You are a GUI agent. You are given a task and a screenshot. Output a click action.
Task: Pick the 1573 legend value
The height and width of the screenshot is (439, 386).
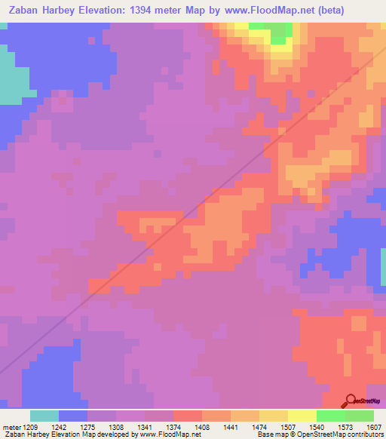(333, 426)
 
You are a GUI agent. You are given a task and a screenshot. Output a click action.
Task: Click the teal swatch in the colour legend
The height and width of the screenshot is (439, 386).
(44, 416)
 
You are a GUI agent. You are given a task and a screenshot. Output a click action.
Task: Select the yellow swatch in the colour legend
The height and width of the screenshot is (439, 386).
(302, 416)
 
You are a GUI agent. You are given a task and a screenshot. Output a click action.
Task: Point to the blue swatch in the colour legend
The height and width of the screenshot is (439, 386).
(73, 416)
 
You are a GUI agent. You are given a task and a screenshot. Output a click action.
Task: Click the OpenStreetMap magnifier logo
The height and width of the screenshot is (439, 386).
(350, 400)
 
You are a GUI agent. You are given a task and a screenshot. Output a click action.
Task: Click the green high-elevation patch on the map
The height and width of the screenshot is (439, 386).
(277, 32)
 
